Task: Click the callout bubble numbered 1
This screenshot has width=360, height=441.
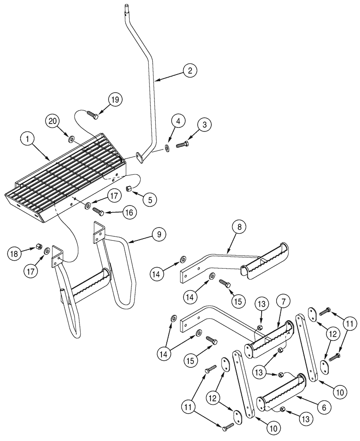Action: (x=27, y=139)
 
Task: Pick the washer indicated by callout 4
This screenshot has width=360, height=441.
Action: (x=168, y=147)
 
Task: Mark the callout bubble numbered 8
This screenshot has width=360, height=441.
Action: (x=239, y=228)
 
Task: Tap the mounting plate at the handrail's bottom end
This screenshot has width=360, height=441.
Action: (x=140, y=157)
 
